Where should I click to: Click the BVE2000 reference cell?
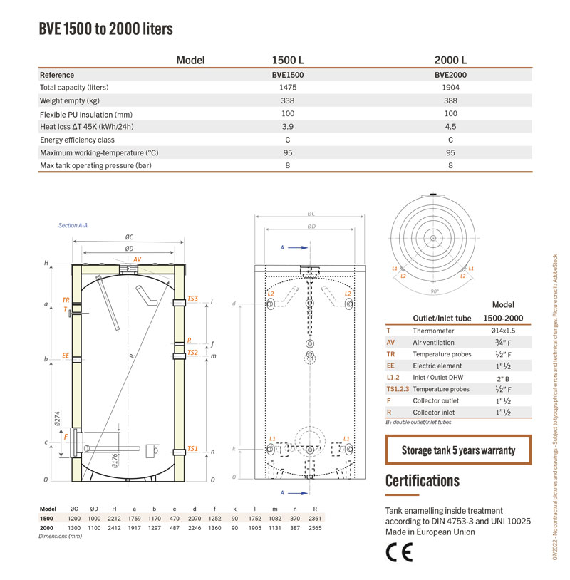[450, 75]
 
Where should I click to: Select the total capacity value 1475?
[288, 88]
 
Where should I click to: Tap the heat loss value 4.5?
[450, 127]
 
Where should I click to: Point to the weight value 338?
[287, 100]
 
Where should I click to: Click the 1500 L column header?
[288, 60]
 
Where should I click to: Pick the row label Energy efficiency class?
[78, 140]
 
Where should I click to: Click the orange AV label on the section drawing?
[137, 259]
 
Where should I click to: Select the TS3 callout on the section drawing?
[192, 298]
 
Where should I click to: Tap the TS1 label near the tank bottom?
[192, 448]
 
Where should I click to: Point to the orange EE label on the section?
[66, 356]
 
